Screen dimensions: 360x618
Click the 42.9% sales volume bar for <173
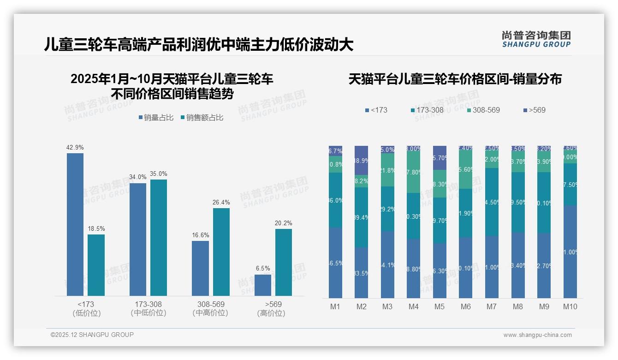75,224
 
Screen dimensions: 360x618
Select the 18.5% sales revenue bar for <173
96,265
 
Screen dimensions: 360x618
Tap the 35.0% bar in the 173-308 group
159,237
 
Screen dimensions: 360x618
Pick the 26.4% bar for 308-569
221,252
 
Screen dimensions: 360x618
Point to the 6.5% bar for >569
263,285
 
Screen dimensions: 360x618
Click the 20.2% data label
284,223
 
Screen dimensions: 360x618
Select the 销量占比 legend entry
156,118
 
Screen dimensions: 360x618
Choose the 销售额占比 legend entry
202,118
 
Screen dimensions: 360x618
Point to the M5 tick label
440,306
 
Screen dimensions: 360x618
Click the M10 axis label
570,306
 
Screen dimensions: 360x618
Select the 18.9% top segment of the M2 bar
362,160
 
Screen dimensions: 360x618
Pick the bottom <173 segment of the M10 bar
570,252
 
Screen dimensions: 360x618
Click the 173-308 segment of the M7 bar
492,202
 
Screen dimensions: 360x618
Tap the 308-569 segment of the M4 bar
414,172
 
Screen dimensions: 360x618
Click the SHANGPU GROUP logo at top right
536,39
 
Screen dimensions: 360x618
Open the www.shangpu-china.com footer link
537,335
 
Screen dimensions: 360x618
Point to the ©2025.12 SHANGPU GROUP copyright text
92,335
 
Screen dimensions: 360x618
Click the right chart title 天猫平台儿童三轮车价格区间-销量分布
455,79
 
